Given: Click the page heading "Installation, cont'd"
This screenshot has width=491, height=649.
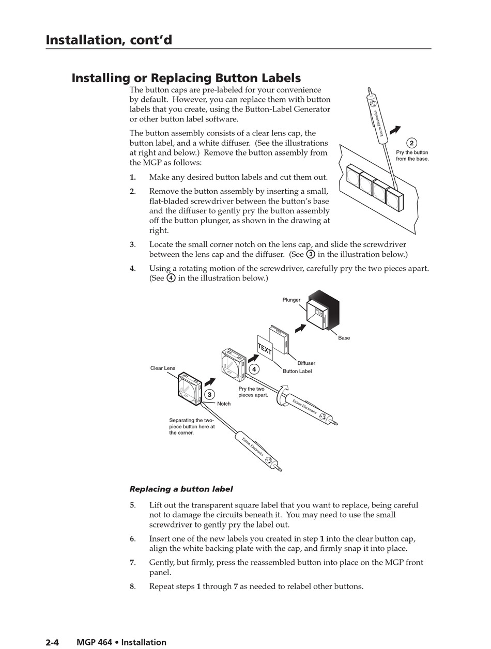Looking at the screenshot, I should pyautogui.click(x=109, y=40).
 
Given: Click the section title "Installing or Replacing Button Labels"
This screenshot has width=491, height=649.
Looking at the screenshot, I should pyautogui.click(x=186, y=78).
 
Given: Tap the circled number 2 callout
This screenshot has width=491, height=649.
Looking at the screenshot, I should pyautogui.click(x=411, y=143).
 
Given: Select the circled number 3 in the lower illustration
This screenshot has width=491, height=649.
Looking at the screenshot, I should pyautogui.click(x=209, y=395).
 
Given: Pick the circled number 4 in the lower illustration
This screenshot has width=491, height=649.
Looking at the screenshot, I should pyautogui.click(x=254, y=369).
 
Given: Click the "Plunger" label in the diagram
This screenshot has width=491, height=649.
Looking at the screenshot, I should pyautogui.click(x=291, y=300).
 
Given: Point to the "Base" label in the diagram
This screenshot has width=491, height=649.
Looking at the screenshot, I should pyautogui.click(x=344, y=338).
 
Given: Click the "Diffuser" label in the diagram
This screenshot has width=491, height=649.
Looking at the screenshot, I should pyautogui.click(x=306, y=363).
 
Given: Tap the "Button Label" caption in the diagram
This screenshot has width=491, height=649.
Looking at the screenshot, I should pyautogui.click(x=297, y=371).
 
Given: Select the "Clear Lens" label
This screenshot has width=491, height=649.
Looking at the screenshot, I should pyautogui.click(x=163, y=368).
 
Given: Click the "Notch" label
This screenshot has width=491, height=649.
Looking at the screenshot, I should pyautogui.click(x=224, y=404).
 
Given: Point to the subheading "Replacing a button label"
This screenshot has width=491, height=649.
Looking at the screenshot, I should pyautogui.click(x=181, y=489).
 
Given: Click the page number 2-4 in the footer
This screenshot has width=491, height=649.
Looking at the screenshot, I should pyautogui.click(x=52, y=642).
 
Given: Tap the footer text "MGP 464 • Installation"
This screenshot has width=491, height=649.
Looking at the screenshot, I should pyautogui.click(x=121, y=642).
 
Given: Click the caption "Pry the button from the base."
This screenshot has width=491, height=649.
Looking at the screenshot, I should pyautogui.click(x=412, y=156).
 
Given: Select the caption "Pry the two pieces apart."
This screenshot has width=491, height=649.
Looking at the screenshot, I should pyautogui.click(x=253, y=392).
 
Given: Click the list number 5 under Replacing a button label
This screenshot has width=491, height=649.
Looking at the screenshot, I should pyautogui.click(x=132, y=505).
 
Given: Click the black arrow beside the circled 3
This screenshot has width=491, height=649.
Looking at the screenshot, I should pyautogui.click(x=210, y=382).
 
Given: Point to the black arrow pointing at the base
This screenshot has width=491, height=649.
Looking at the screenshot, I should pyautogui.click(x=301, y=328).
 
